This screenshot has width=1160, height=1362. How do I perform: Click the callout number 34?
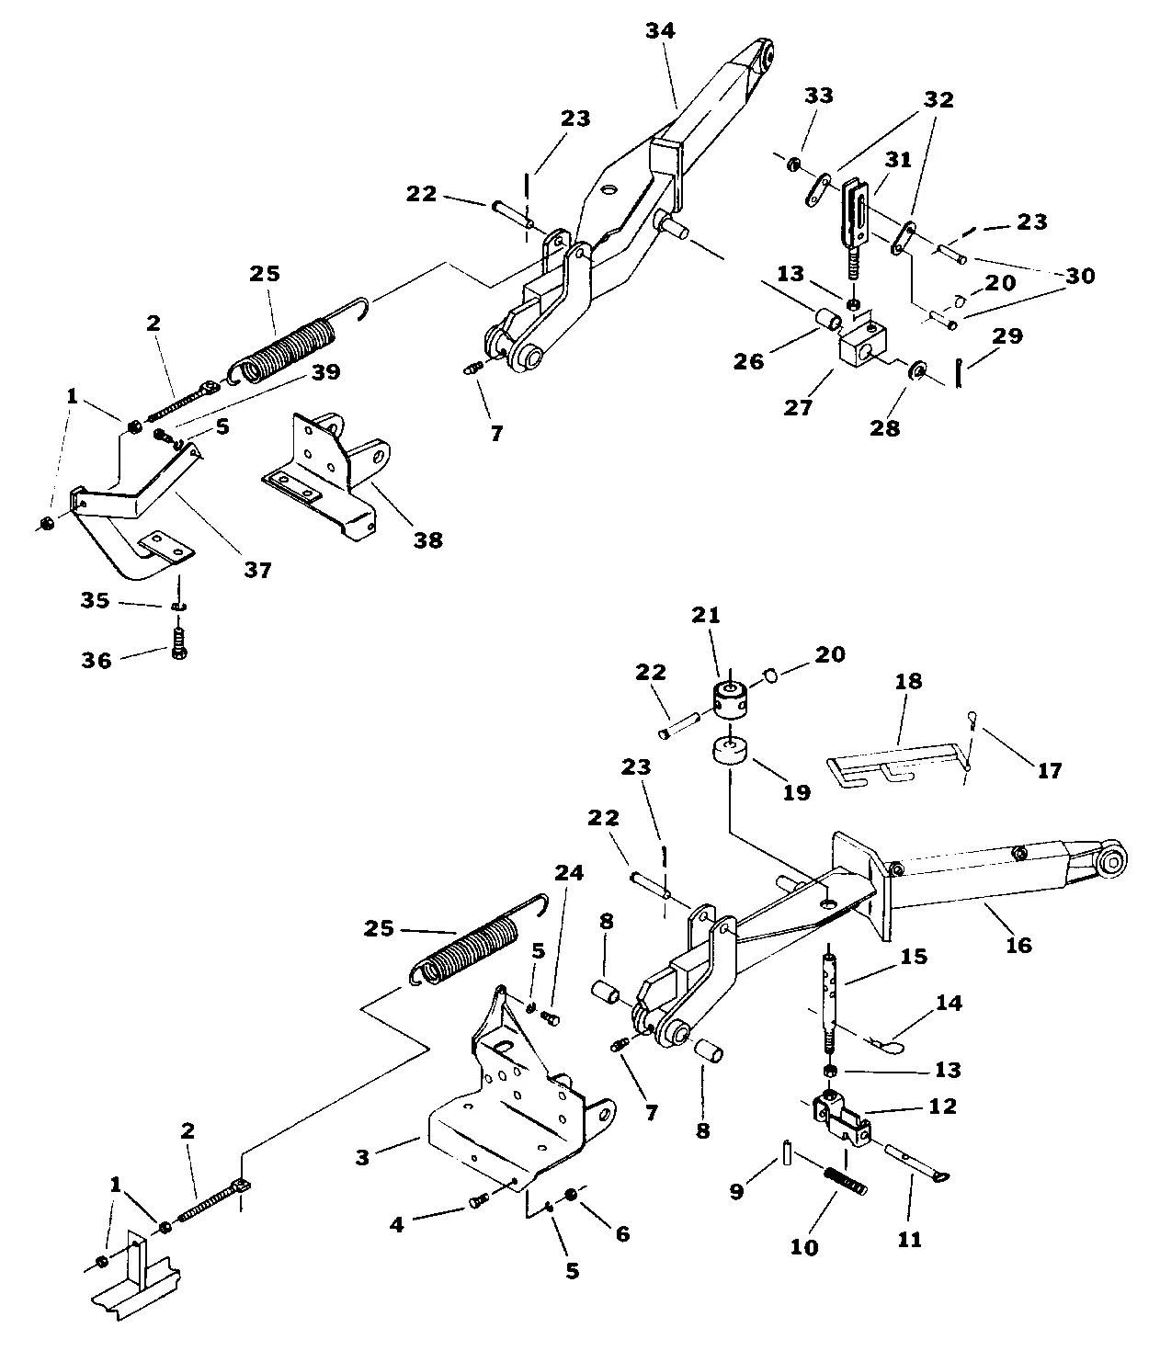[660, 31]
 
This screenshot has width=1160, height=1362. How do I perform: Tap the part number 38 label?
[427, 540]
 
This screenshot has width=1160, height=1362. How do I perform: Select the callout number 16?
[1018, 945]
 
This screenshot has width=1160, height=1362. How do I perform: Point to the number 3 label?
[362, 1158]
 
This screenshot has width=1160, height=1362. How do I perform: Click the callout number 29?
[1007, 335]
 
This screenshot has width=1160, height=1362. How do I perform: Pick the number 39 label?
[325, 371]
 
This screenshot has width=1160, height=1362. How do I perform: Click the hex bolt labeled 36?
[178, 643]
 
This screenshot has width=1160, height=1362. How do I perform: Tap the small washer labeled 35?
[178, 607]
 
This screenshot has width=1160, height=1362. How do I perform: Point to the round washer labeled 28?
[915, 371]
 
